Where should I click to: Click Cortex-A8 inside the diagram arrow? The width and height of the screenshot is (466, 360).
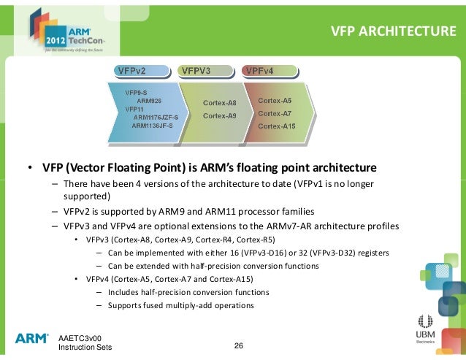219,103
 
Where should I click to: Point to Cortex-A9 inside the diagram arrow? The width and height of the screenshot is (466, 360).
219,115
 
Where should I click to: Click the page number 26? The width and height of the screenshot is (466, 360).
238,345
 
